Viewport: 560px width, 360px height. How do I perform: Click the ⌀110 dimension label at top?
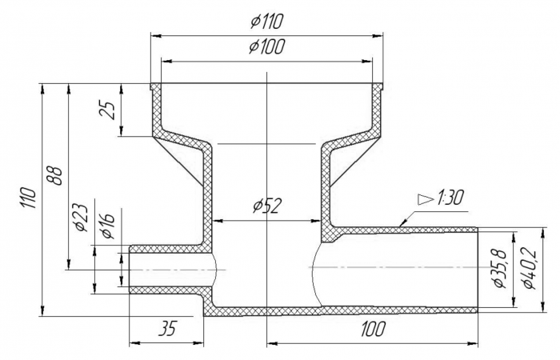(266, 20)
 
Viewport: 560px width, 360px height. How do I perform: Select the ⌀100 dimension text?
(266, 46)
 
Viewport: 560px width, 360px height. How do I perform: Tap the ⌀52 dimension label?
(266, 206)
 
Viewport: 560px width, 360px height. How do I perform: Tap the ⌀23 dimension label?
(80, 216)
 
